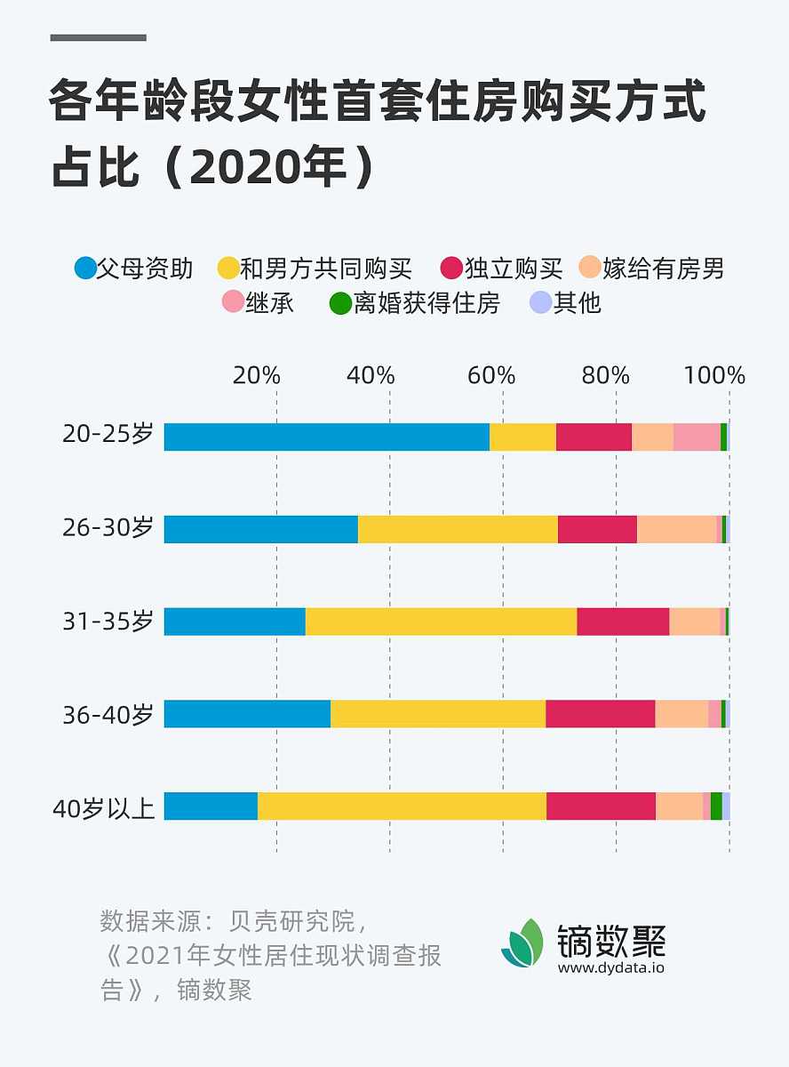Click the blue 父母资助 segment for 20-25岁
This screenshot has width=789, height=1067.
[x=326, y=437]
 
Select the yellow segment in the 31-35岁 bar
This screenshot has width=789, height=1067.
[x=441, y=622]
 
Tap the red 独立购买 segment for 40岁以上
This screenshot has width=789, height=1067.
[x=601, y=806]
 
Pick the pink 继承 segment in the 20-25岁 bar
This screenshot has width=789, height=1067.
[x=697, y=437]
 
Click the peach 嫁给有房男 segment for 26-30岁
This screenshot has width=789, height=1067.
[x=676, y=529]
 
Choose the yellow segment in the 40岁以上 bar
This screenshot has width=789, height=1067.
[x=402, y=806]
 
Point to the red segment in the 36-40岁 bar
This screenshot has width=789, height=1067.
[x=600, y=713]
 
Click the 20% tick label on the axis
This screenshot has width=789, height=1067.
[x=257, y=375]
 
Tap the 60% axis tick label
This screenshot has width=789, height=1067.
[x=491, y=375]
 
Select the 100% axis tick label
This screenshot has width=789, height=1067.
[x=714, y=375]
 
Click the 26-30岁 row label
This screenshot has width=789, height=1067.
[x=108, y=528]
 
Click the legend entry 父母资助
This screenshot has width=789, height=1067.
[x=134, y=268]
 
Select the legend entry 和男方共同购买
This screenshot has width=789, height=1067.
[x=315, y=268]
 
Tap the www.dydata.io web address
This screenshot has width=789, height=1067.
[x=611, y=968]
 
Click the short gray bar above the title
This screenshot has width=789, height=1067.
[x=98, y=37]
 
